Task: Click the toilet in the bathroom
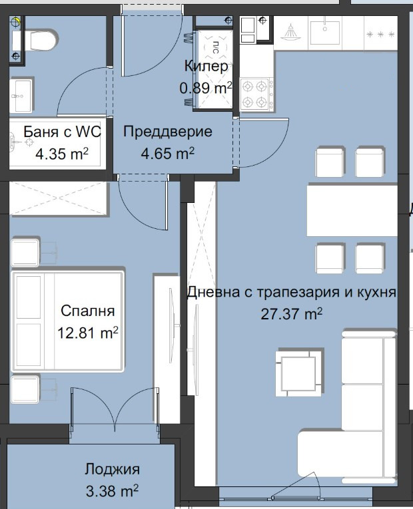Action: tap(41, 41)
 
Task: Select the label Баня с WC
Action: tap(62, 132)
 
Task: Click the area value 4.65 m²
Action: tap(167, 154)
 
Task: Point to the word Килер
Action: tap(206, 67)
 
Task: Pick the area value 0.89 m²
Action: tap(205, 87)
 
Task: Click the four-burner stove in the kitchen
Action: tap(256, 94)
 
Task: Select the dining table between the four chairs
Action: tap(350, 210)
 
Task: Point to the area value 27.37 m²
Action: tap(292, 313)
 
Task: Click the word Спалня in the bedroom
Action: tap(87, 311)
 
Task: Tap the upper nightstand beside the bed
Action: tap(25, 253)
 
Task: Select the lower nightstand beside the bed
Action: tap(25, 389)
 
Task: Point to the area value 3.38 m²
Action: tap(112, 492)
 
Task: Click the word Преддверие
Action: tap(168, 132)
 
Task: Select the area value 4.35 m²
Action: tap(62, 154)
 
